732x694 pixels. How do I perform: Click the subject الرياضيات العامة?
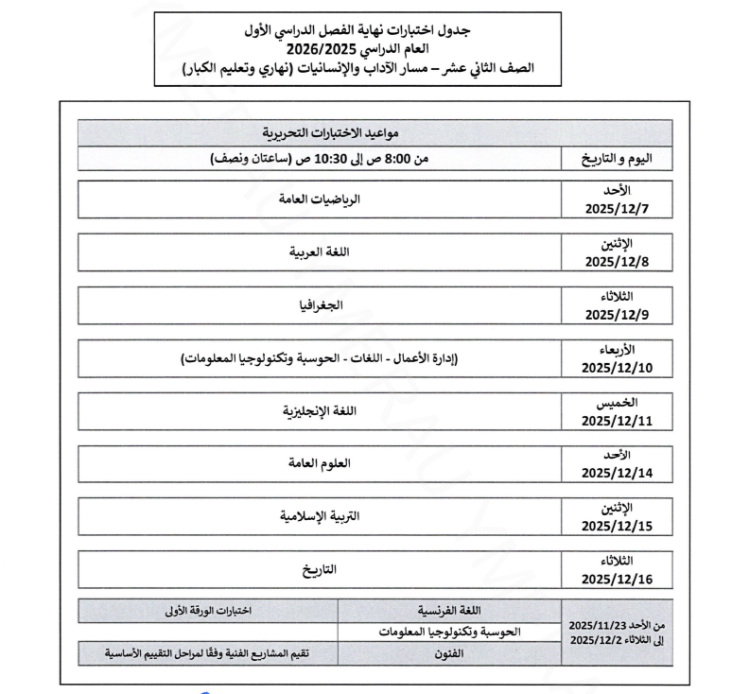click(319, 200)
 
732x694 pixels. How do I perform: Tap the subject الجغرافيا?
click(319, 305)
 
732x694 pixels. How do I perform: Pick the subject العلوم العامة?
click(319, 464)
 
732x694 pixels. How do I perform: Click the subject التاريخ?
click(319, 570)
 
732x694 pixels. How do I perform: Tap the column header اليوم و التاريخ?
click(616, 159)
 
